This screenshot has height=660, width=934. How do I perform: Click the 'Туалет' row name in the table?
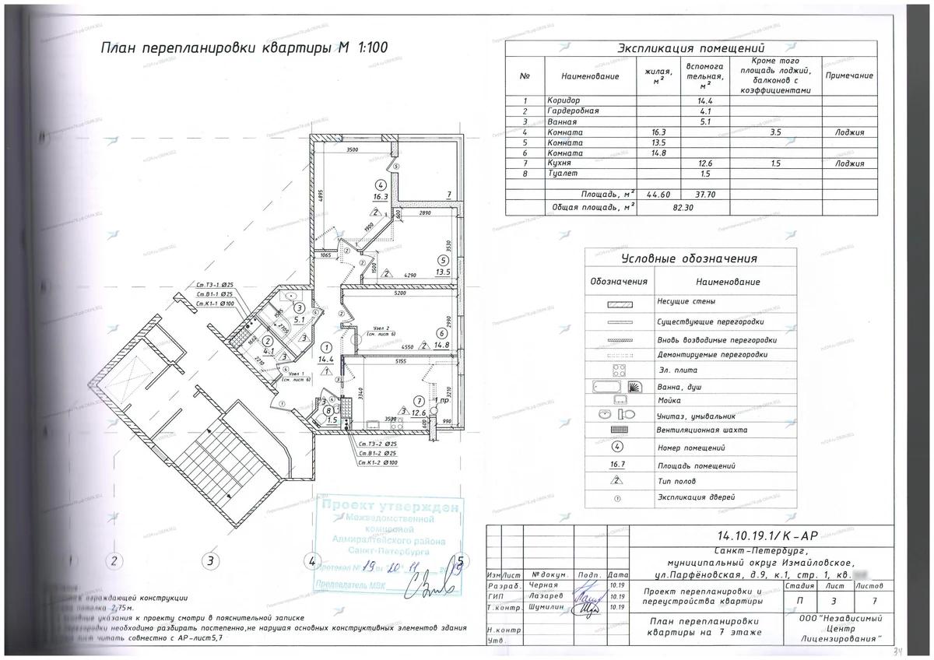[x=560, y=174]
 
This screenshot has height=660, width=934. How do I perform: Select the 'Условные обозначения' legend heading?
[x=689, y=259]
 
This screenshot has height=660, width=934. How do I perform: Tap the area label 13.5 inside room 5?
[x=444, y=272]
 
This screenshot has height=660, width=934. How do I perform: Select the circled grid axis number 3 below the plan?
[x=208, y=560]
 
